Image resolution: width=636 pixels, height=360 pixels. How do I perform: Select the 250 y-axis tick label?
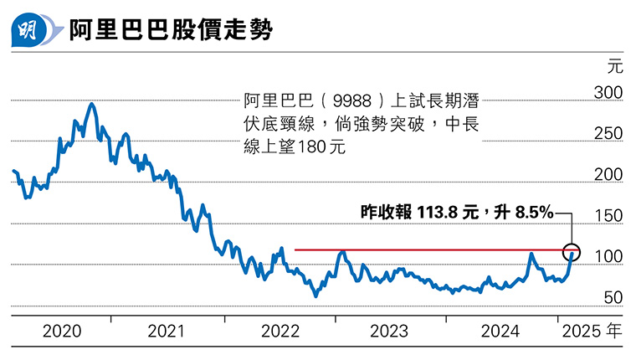pos(608,133)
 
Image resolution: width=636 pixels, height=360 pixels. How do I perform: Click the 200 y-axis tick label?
pos(608,174)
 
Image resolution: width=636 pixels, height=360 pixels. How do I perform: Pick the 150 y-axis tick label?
pos(608,215)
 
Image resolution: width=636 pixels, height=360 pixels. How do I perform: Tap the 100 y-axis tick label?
pos(608,256)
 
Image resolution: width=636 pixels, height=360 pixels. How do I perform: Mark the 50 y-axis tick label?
pos(612,297)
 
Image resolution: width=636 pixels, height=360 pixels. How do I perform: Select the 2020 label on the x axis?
pos(63,332)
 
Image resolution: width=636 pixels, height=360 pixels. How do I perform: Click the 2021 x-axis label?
pos(166,332)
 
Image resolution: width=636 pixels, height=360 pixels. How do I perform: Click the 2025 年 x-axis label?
pos(591,332)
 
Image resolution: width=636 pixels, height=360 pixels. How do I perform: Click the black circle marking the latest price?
pos(572,250)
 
